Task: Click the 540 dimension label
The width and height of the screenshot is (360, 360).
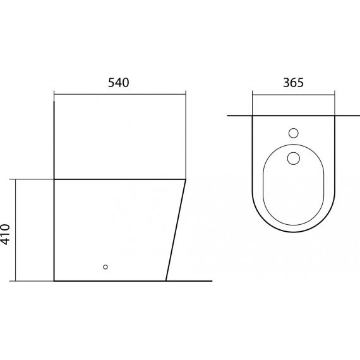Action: point(119,83)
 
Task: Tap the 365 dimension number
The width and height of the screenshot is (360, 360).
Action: point(293,83)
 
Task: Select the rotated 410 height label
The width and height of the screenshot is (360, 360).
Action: point(5,234)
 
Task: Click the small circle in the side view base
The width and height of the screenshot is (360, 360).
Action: point(105,267)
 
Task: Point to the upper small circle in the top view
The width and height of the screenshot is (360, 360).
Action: point(294,133)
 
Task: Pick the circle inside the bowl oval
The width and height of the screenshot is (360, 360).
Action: point(294,158)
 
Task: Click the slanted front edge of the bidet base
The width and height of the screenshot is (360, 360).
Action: point(176,230)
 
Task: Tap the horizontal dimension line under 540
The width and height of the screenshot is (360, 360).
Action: point(120,94)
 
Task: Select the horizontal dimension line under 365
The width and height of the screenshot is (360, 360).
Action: point(294,94)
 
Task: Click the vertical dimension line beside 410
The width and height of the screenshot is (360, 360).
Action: point(16,230)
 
